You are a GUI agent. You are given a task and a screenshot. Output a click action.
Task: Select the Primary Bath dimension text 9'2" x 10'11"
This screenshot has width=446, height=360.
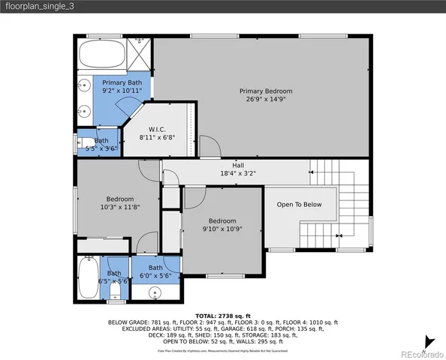(x=122, y=90)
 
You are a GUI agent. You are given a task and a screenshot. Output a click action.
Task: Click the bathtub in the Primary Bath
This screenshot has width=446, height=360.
(x=102, y=53)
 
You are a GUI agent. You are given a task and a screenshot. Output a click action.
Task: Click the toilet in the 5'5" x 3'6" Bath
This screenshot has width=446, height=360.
(x=87, y=141)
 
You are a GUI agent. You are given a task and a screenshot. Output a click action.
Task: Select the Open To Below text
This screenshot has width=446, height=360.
(x=299, y=204)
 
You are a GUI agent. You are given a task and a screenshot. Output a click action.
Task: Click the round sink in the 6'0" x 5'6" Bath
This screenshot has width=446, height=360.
(x=155, y=292)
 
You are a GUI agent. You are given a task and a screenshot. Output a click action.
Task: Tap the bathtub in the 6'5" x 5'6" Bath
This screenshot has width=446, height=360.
(x=87, y=278)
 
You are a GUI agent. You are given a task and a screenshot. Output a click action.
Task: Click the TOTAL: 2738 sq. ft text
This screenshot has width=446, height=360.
(x=223, y=316)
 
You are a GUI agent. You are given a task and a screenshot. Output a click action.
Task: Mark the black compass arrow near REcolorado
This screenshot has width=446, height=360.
(x=428, y=341)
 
